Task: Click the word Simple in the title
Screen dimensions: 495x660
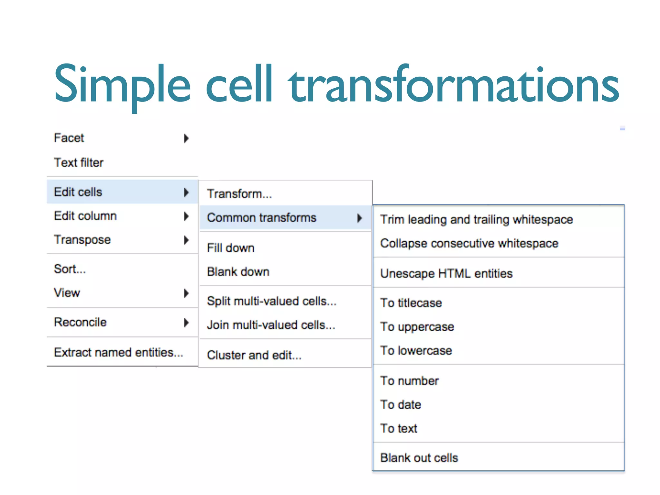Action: click(122, 84)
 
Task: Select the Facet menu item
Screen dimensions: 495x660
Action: click(69, 138)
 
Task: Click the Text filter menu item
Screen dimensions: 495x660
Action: click(79, 163)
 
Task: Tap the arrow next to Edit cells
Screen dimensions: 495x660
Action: click(186, 192)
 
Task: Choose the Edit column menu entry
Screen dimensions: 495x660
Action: click(85, 216)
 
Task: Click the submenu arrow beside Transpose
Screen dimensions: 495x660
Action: click(186, 240)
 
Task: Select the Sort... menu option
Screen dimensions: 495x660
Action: click(70, 269)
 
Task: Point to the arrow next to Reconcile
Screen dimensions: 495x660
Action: click(186, 323)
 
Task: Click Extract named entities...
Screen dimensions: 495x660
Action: click(118, 353)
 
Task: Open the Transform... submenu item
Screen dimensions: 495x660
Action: click(239, 194)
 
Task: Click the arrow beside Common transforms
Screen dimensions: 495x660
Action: click(360, 218)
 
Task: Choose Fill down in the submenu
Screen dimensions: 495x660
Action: click(231, 248)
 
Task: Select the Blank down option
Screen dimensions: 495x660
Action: click(238, 272)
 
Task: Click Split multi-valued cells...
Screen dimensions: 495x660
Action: click(272, 301)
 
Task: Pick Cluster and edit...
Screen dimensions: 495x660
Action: click(254, 355)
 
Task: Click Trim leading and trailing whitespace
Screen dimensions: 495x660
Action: click(477, 220)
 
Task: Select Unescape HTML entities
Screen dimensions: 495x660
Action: click(446, 274)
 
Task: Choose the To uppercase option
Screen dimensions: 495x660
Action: click(417, 327)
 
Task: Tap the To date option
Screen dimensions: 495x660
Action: click(401, 405)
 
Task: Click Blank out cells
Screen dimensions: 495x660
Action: click(419, 458)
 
